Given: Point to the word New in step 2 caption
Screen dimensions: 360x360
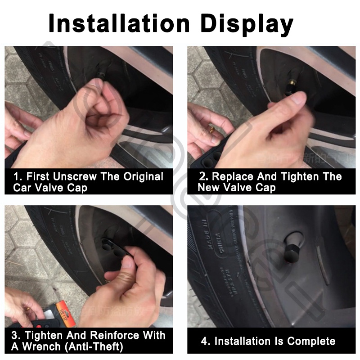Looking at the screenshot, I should [x=210, y=187].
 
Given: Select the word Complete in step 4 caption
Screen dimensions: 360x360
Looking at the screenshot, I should [x=311, y=341].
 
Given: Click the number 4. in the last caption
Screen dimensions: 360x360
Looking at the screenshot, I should [x=206, y=341].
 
